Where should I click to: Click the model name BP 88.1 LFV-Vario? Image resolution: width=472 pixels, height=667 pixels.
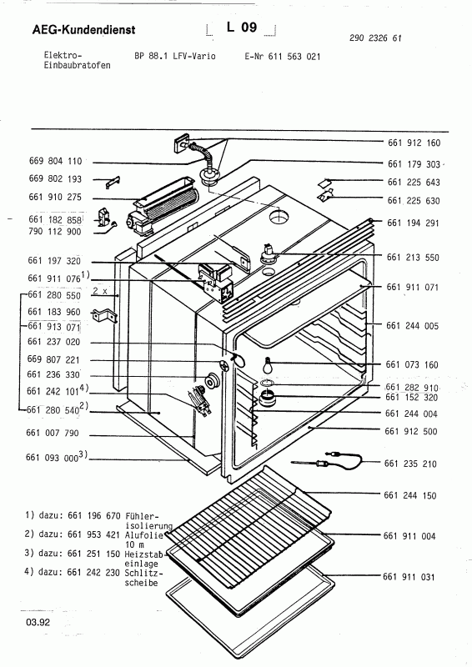click(x=173, y=55)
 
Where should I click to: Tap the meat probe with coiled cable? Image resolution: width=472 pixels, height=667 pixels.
click(x=328, y=459)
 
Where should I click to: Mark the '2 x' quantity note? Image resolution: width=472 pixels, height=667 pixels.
click(x=102, y=293)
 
